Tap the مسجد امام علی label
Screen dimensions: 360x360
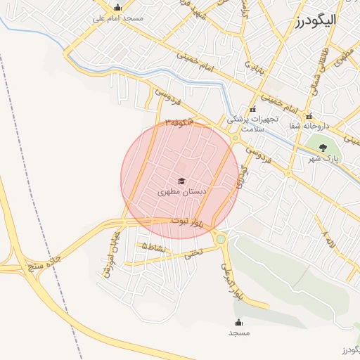[117, 18]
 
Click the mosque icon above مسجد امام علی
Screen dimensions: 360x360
[117, 8]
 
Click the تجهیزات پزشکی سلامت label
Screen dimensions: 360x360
[253, 124]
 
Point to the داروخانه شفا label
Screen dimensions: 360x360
[308, 127]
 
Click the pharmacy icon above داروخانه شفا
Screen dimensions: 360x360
[309, 116]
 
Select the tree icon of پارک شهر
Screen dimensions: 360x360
[323, 148]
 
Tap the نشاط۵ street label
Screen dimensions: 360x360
[154, 247]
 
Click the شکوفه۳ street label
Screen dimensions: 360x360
[179, 122]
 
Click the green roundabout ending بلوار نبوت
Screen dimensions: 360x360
[221, 239]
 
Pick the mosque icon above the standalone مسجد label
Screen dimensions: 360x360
[238, 322]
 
